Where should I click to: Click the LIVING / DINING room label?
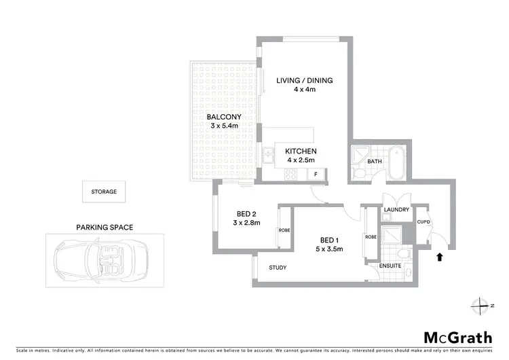point(304,85)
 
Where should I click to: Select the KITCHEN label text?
point(301,156)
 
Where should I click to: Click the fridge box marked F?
point(316,175)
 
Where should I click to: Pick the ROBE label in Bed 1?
point(371,237)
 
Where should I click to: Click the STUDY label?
point(278,268)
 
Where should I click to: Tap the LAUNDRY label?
point(396,210)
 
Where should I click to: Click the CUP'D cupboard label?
point(422,221)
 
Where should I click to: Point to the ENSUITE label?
point(391,266)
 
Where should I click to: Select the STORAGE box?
point(104,192)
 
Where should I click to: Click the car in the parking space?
point(98,257)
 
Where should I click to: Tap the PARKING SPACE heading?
point(104,227)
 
